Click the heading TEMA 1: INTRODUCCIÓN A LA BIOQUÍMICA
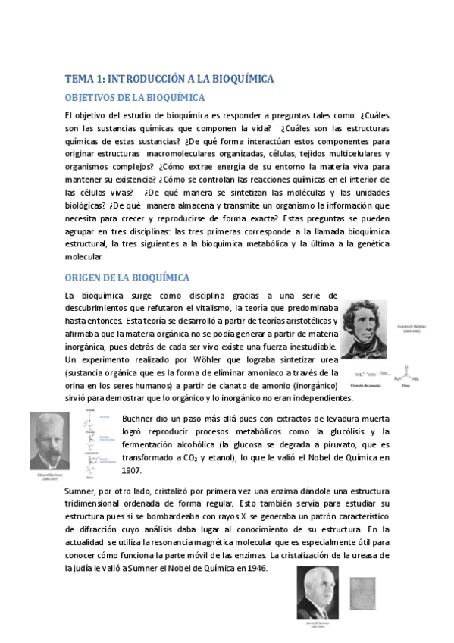tap(169, 79)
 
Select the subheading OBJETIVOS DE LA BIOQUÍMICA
tap(135, 98)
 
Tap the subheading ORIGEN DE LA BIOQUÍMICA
tap(127, 278)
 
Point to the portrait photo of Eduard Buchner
tap(52, 440)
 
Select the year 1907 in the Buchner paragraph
tap(132, 470)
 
